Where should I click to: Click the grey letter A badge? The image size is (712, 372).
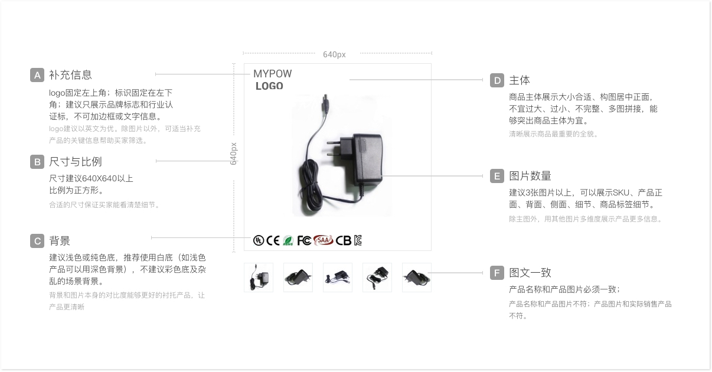pos(37,75)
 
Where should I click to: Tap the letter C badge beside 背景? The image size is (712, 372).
pos(37,241)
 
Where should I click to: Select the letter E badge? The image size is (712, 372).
pos(497,176)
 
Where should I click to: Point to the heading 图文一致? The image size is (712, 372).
pos(530,272)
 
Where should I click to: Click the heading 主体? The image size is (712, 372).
pos(520,80)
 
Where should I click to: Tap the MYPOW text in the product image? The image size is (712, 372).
pos(273,74)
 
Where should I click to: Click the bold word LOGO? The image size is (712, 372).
pos(269,86)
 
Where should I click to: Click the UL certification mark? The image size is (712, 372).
pos(259,240)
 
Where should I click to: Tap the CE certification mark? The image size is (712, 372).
pos(273,240)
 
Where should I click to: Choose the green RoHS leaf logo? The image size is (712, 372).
pos(288,240)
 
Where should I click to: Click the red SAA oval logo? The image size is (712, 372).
pos(324,240)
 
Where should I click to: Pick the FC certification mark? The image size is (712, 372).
pos(304,240)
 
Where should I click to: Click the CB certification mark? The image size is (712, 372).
pos(343,240)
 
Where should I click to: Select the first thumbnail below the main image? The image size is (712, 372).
pos(259,278)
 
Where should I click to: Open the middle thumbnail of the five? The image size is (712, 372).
pos(338,278)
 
